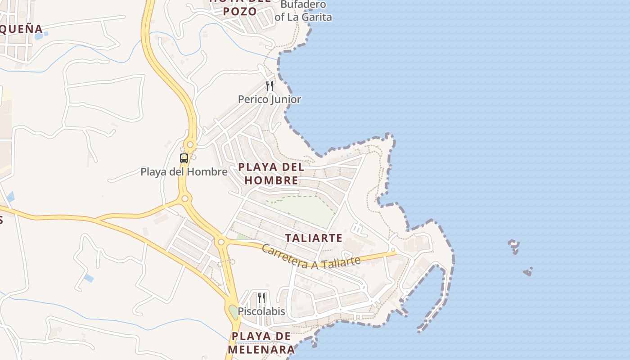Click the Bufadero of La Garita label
[303, 11]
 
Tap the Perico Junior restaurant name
[269, 99]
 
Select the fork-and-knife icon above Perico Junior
[270, 85]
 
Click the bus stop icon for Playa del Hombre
[184, 158]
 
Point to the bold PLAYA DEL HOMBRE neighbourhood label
[271, 174]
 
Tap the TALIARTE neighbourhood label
[314, 238]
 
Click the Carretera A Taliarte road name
[311, 257]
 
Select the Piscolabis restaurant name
[261, 311]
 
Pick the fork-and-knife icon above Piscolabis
[261, 297]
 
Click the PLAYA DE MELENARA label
[261, 343]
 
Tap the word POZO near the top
[240, 11]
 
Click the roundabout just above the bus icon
[190, 144]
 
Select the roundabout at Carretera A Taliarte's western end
[221, 242]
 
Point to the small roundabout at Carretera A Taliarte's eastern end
[393, 250]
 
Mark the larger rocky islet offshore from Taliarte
[514, 246]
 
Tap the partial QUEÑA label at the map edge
[21, 30]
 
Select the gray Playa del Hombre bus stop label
[184, 172]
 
